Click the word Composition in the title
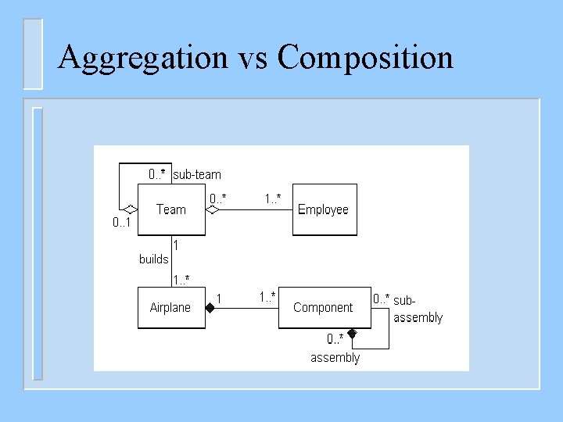(x=365, y=57)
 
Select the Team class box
(x=171, y=209)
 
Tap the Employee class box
(x=324, y=209)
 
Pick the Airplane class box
(x=170, y=308)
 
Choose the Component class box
(x=323, y=308)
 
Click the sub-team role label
(x=197, y=174)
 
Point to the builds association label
(x=153, y=259)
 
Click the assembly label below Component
(x=335, y=358)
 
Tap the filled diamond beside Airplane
(x=210, y=308)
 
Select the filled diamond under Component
(x=353, y=334)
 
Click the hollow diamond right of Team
(x=211, y=209)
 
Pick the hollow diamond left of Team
(x=131, y=209)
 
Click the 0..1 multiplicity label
(x=121, y=223)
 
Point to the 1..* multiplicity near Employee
(x=273, y=199)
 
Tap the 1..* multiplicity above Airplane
(x=181, y=279)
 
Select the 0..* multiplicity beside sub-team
(x=156, y=174)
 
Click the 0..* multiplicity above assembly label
(x=335, y=338)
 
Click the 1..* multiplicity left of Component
(x=267, y=297)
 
